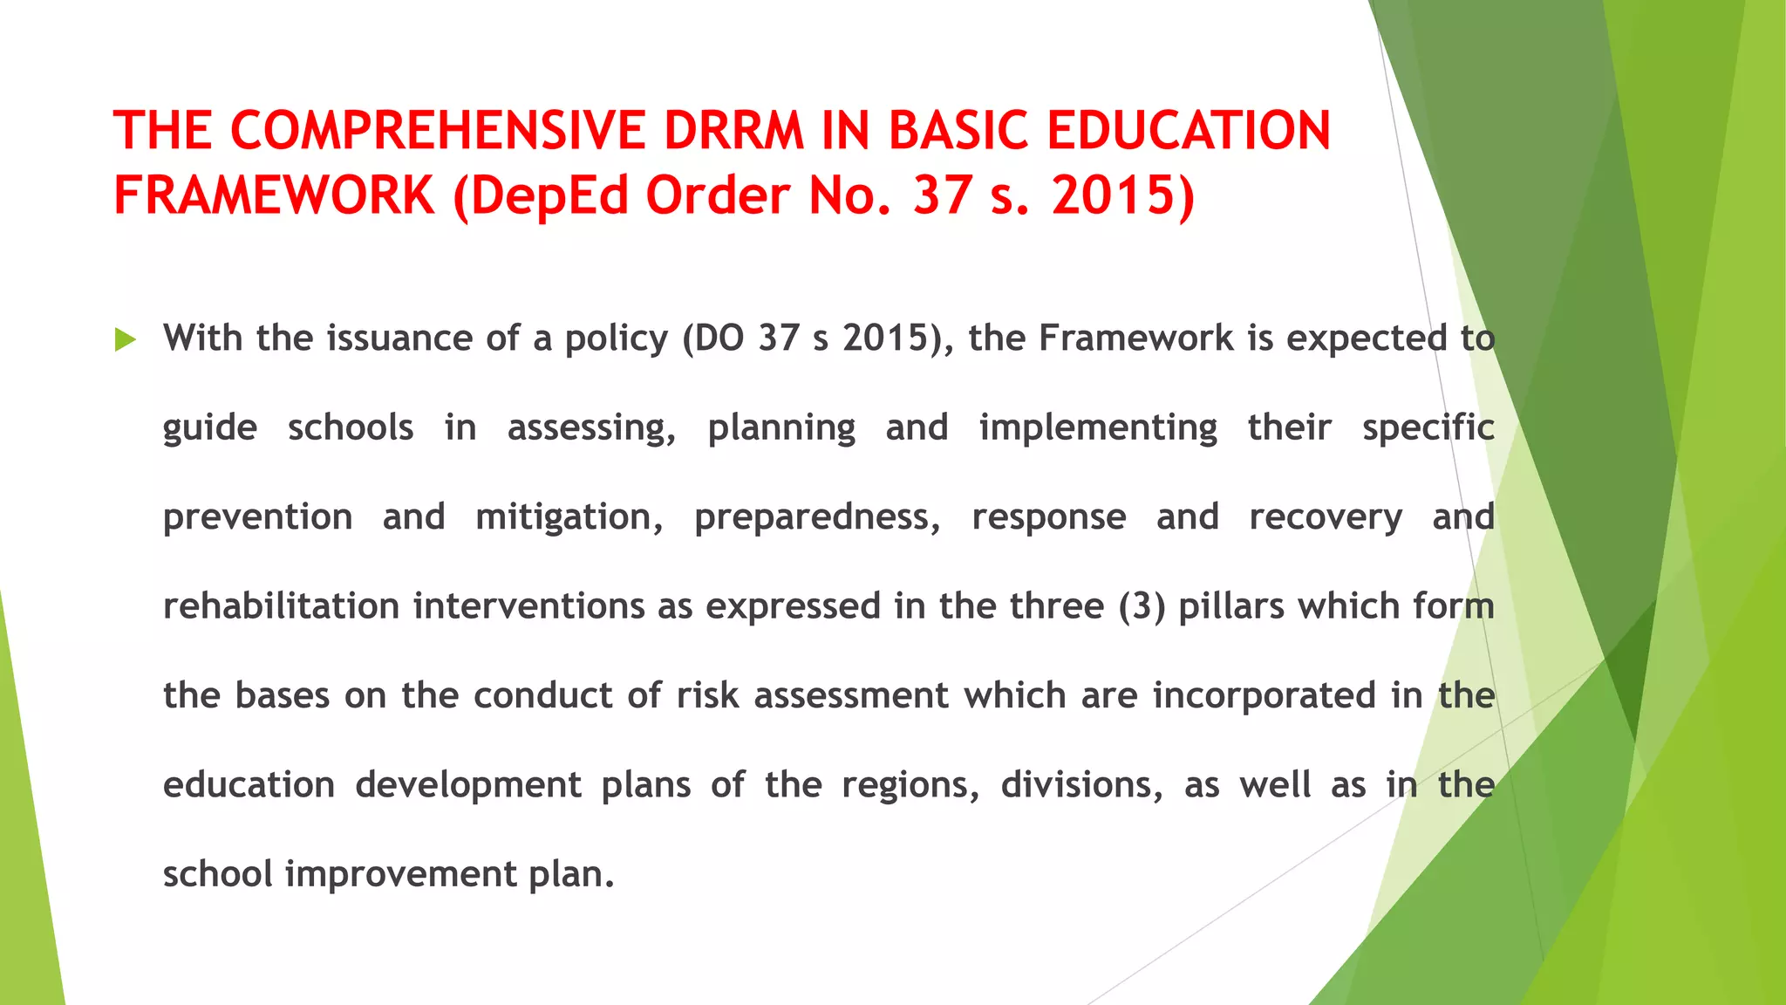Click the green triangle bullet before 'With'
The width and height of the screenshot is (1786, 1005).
pos(125,340)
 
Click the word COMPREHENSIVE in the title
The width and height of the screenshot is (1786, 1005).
pos(438,131)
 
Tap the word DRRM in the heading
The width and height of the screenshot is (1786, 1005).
pos(733,131)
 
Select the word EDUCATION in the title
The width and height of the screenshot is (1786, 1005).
pos(1188,131)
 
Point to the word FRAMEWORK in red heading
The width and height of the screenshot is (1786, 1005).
pos(274,195)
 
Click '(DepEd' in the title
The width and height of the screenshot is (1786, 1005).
pos(541,195)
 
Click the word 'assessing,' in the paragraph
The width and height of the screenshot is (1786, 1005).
pos(591,428)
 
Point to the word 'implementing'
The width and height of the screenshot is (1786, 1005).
pos(1098,428)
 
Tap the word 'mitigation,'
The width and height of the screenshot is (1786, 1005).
pos(569,517)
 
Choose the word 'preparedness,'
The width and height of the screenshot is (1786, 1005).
pos(817,517)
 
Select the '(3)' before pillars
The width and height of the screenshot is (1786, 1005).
pos(1142,606)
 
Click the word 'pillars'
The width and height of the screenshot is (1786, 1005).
pos(1231,606)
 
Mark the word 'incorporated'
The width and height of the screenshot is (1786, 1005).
pos(1265,696)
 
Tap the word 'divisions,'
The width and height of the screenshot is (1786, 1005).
pos(1081,785)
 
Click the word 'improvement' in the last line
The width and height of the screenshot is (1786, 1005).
pos(401,874)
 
